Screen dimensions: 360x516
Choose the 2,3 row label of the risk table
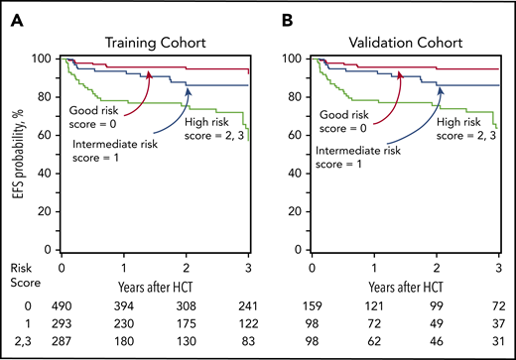pos(19,341)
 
